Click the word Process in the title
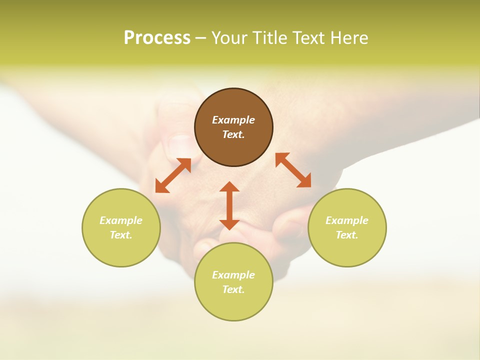pyautogui.click(x=157, y=38)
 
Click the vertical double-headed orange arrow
pyautogui.click(x=229, y=205)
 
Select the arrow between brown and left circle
pyautogui.click(x=173, y=175)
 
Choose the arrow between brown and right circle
pyautogui.click(x=293, y=170)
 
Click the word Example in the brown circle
pyautogui.click(x=233, y=120)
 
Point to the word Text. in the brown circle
pyautogui.click(x=233, y=134)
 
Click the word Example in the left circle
pyautogui.click(x=121, y=220)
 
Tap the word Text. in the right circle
pyautogui.click(x=347, y=235)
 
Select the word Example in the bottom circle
pyautogui.click(x=233, y=275)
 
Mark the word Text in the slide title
pyautogui.click(x=310, y=38)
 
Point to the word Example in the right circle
pyautogui.click(x=347, y=220)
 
